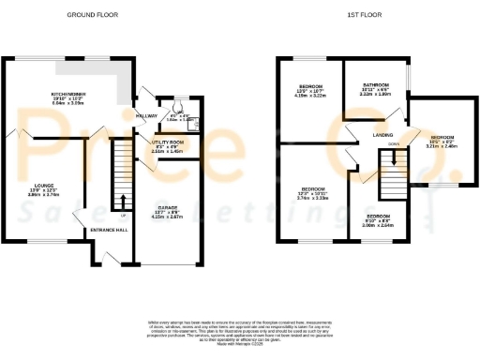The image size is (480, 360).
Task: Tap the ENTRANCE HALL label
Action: click(110, 229)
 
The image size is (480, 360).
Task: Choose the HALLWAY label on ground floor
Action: click(147, 115)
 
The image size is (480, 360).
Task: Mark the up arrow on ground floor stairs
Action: click(123, 200)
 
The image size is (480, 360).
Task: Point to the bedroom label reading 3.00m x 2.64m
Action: click(380, 223)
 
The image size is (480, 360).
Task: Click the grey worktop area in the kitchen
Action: click(125, 83)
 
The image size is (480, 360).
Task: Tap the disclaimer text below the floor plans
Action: click(240, 333)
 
